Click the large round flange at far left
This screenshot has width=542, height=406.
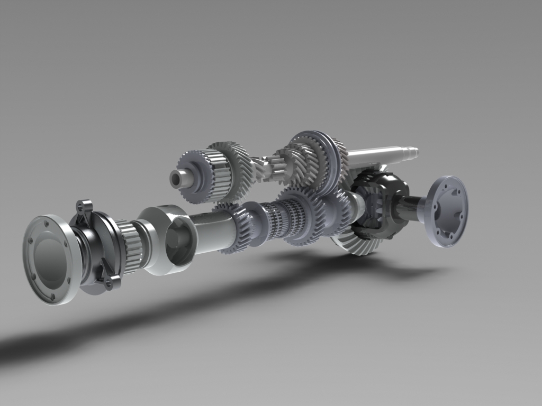point(50,259)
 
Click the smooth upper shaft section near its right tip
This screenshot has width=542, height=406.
point(376,156)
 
